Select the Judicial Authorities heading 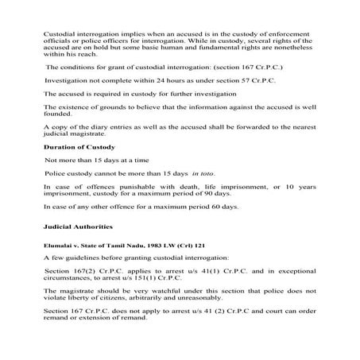point(76,226)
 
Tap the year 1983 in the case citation point(139,246)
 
